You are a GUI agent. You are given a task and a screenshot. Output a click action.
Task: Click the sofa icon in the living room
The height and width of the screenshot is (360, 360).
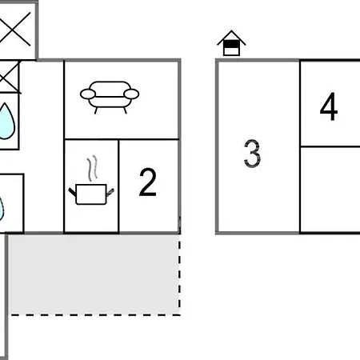pyautogui.click(x=110, y=97)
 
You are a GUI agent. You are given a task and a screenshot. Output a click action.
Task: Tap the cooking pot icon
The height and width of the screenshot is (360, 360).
pyautogui.click(x=91, y=194)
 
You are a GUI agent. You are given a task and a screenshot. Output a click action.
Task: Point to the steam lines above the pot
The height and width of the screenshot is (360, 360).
pyautogui.click(x=92, y=169)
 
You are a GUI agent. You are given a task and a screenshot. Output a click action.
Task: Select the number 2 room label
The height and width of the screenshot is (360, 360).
pyautogui.click(x=148, y=182)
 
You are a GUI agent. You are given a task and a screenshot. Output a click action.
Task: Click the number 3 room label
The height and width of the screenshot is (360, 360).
pyautogui.click(x=252, y=154)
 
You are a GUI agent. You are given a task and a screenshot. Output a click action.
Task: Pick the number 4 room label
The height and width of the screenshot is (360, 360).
pyautogui.click(x=329, y=106)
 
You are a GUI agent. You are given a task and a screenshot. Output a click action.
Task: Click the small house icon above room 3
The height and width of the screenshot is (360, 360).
pyautogui.click(x=231, y=43)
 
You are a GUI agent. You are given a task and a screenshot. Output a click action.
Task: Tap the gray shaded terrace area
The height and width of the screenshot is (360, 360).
pyautogui.click(x=94, y=274)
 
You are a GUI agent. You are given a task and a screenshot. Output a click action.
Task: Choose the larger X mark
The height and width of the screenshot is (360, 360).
pyautogui.click(x=15, y=29)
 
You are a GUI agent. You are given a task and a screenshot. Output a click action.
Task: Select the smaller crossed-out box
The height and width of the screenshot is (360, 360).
pyautogui.click(x=10, y=77)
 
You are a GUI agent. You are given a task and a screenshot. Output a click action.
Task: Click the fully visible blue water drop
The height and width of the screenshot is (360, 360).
pyautogui.click(x=6, y=122)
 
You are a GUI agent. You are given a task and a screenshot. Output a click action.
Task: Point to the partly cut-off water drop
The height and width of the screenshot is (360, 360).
pyautogui.click(x=2, y=210)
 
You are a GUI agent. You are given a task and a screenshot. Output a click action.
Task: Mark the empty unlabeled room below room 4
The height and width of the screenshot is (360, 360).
pyautogui.click(x=330, y=190)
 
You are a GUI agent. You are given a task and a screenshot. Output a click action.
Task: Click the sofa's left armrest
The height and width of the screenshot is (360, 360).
pyautogui.click(x=88, y=94)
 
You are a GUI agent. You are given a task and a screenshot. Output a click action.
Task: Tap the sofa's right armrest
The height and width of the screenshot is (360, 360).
pyautogui.click(x=131, y=94)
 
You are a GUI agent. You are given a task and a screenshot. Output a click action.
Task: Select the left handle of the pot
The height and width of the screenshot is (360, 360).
pyautogui.click(x=72, y=192)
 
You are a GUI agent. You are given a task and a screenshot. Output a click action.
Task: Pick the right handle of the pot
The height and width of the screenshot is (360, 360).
pyautogui.click(x=110, y=192)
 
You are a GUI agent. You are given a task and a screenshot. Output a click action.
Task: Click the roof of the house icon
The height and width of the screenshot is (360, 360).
pyautogui.click(x=231, y=38)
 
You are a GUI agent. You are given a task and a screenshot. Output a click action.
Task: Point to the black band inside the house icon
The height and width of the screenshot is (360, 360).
pyautogui.click(x=231, y=44)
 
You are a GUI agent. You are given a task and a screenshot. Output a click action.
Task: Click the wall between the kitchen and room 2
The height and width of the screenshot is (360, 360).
pyautogui.click(x=119, y=186)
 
